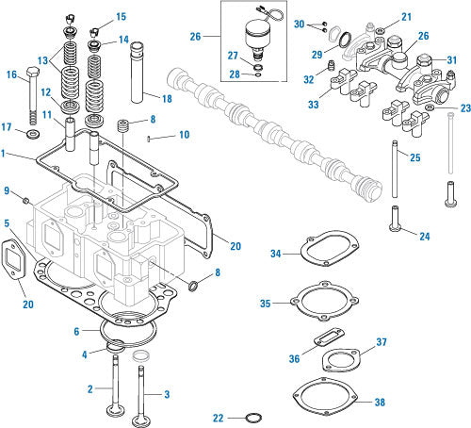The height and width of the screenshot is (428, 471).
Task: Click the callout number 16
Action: pos(12,74)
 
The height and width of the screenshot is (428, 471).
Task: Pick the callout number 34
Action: pos(275,254)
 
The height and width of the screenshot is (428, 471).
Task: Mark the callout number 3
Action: pos(167,393)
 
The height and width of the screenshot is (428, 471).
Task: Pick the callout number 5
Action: pos(8,222)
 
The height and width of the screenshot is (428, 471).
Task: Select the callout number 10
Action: pos(184,136)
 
